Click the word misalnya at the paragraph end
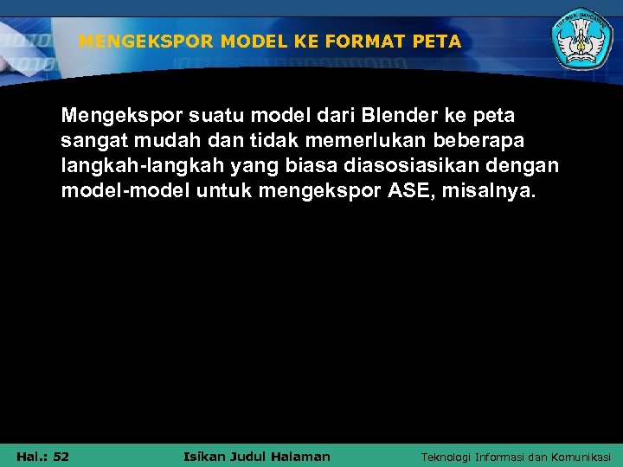(488, 189)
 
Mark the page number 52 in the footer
(60, 456)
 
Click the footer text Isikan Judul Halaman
(257, 456)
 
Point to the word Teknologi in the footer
(450, 457)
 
